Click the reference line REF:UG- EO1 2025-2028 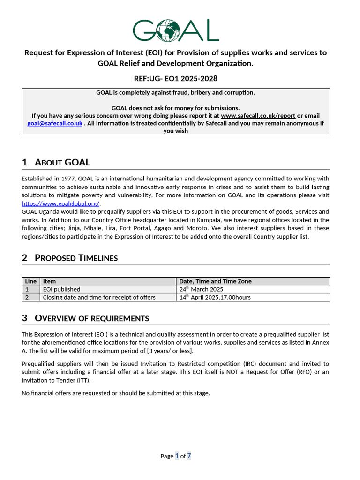(176, 78)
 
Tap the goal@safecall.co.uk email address (55, 123)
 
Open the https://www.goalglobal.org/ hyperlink (60, 203)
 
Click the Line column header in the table (30, 281)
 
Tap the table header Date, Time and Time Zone (216, 281)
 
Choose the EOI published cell (61, 289)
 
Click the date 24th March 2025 (202, 289)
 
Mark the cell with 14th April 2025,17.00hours (215, 297)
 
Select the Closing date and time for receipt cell (99, 297)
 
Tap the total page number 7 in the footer (189, 456)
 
